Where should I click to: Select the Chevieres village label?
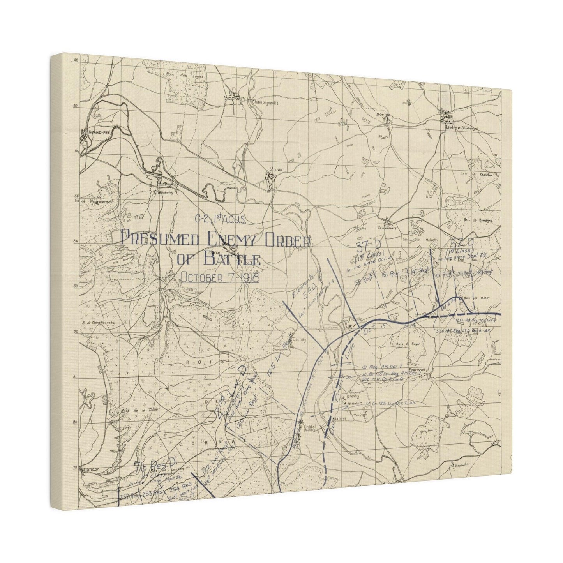point(160,192)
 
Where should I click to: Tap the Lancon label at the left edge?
point(88,470)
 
